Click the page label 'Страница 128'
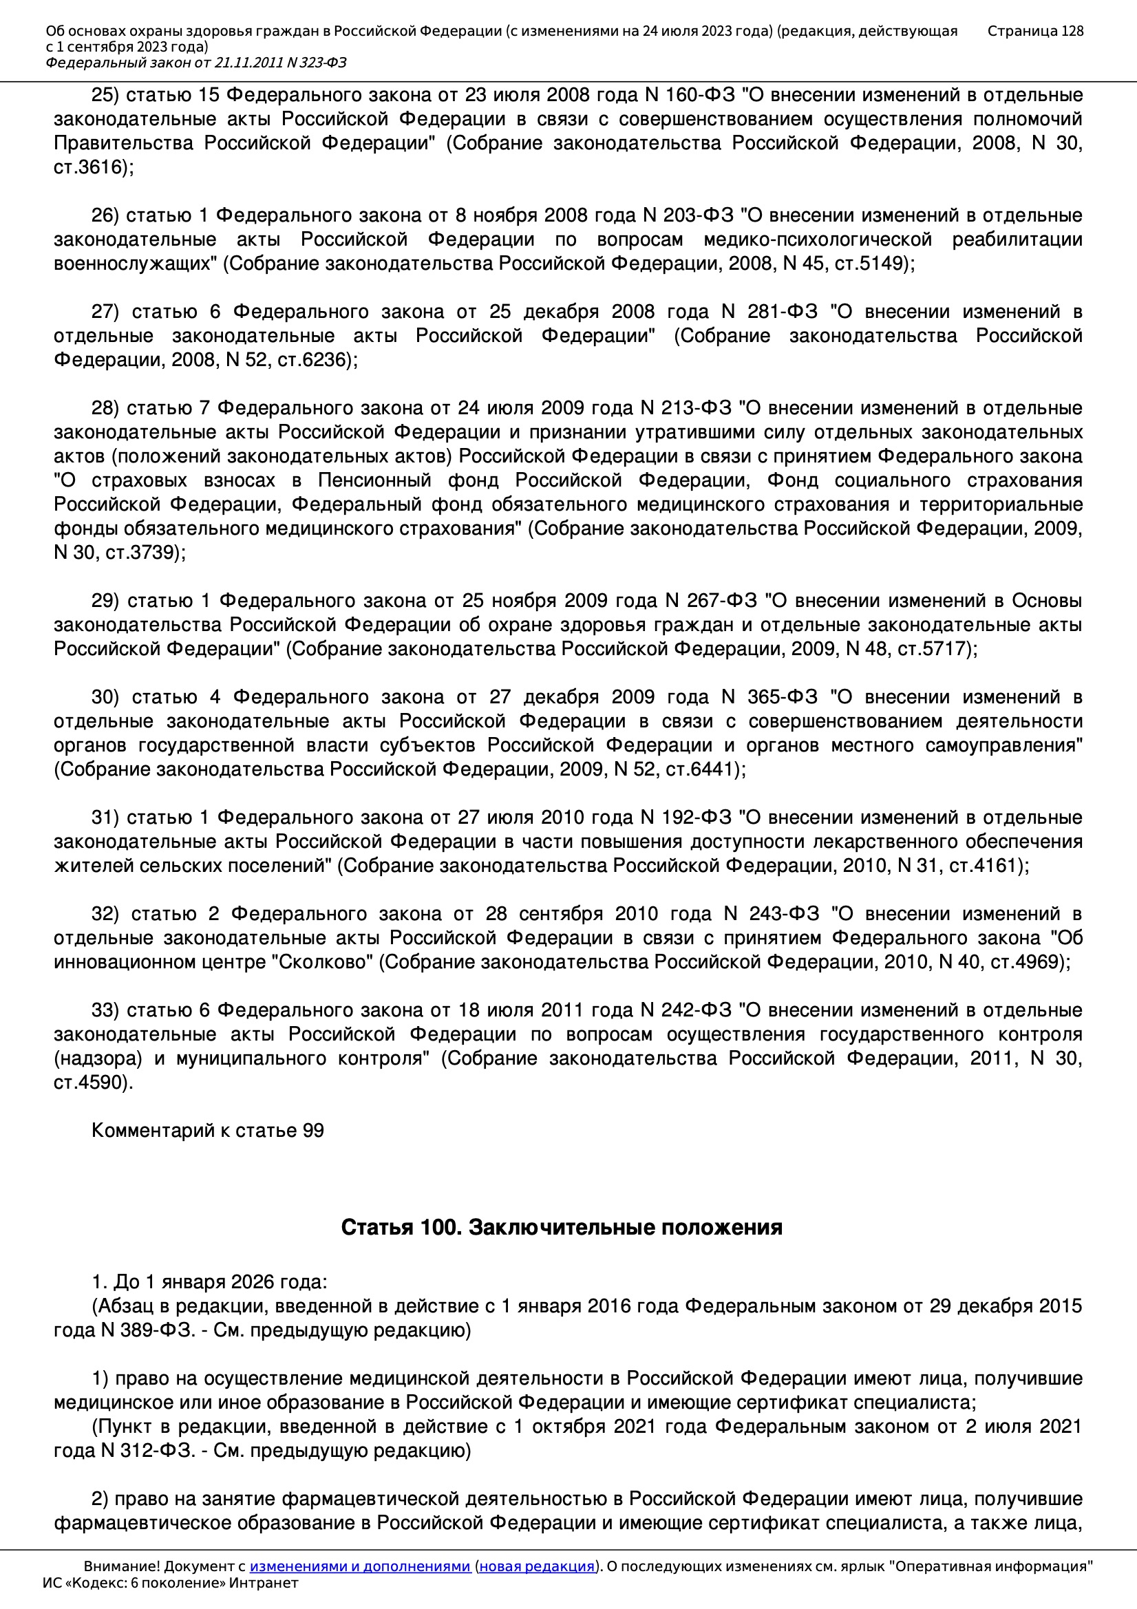(1034, 31)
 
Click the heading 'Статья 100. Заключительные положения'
(562, 1227)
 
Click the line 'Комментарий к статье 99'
(207, 1131)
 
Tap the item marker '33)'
(105, 1010)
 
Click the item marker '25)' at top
(105, 94)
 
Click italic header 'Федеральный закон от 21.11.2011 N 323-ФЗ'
(196, 63)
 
